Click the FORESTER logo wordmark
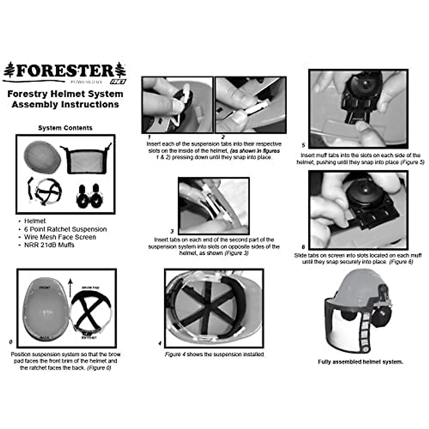65,70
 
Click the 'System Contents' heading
65,128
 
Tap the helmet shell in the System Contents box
38,155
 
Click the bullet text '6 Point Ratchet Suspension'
65,229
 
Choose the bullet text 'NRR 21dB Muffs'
49,245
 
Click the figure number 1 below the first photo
149,137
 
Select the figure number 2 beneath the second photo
223,137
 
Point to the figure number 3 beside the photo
172,231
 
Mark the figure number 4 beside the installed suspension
160,344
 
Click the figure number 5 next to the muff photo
304,145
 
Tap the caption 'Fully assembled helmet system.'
360,362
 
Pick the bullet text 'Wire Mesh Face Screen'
60,237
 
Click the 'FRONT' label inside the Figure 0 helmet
45,287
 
